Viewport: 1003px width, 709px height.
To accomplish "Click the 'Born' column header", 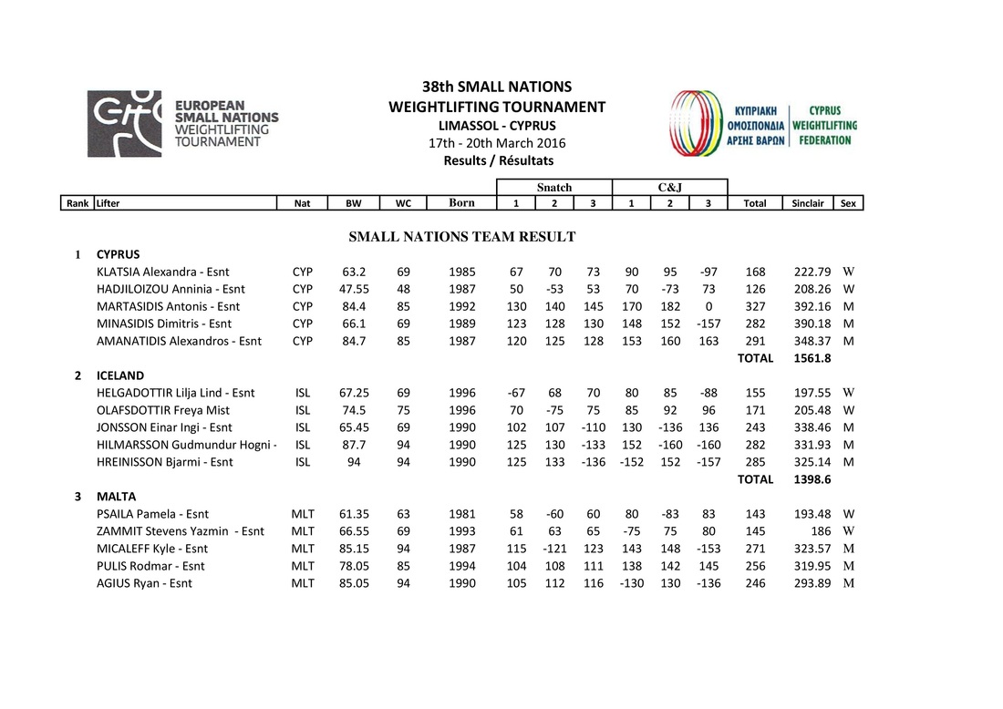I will (x=462, y=203).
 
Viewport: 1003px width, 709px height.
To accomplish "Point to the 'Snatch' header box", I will (x=554, y=187).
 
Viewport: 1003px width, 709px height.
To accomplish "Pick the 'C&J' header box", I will (x=669, y=187).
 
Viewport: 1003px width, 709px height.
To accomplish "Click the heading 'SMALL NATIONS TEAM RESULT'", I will (x=462, y=237).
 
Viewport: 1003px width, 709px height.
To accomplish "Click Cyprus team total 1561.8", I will (x=808, y=358).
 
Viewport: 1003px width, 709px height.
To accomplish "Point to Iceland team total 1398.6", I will (x=808, y=478).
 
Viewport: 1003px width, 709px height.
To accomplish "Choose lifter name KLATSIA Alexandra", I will (x=163, y=272).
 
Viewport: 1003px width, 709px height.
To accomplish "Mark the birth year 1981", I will (x=462, y=514).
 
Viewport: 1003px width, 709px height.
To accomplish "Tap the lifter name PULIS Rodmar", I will (x=150, y=565).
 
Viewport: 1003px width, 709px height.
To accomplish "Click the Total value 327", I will (x=755, y=306).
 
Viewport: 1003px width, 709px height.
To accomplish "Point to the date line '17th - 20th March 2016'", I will (x=497, y=143).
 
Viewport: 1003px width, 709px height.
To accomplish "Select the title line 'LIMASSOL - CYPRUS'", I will (x=497, y=126).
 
